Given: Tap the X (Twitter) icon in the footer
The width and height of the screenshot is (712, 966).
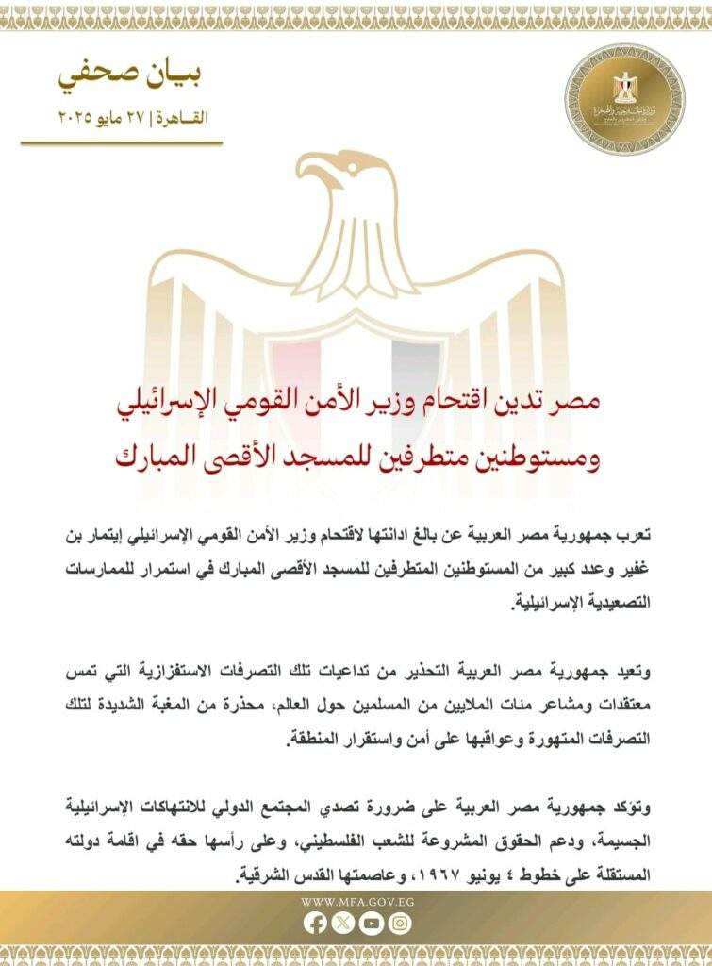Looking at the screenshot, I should click(x=343, y=924).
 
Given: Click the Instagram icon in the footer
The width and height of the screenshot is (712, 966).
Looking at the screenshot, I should click(x=399, y=924).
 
